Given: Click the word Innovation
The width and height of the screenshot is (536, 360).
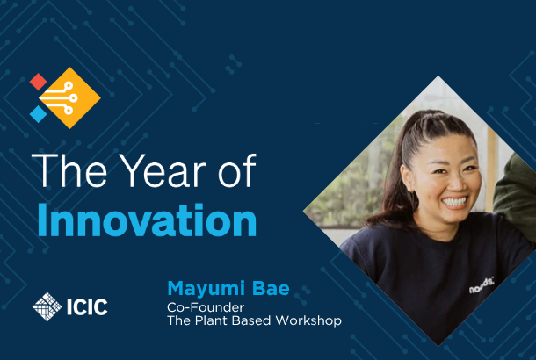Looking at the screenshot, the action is tap(147, 220).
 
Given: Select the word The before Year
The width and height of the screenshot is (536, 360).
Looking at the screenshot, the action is tap(69, 170).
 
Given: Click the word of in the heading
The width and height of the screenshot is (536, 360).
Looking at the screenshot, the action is tap(237, 170).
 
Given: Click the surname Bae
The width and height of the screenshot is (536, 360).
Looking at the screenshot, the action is tap(271, 288).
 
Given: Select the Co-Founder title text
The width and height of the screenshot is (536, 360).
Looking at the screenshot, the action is tap(206, 307).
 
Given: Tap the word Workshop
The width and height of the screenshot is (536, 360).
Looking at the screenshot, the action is tap(308, 320).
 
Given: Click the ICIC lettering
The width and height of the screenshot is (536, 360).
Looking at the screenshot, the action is tap(87, 306).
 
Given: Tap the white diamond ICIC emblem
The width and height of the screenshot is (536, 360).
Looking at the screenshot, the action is tap(47, 306).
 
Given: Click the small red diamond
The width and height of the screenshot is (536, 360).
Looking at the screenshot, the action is tap(39, 82).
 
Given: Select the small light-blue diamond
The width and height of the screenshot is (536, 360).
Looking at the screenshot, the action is tap(39, 114).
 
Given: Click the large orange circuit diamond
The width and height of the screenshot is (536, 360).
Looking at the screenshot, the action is tap(70, 98).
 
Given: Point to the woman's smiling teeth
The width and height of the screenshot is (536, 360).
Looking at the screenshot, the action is tap(455, 202).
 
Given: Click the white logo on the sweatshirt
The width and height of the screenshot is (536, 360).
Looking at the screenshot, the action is tap(482, 286).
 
